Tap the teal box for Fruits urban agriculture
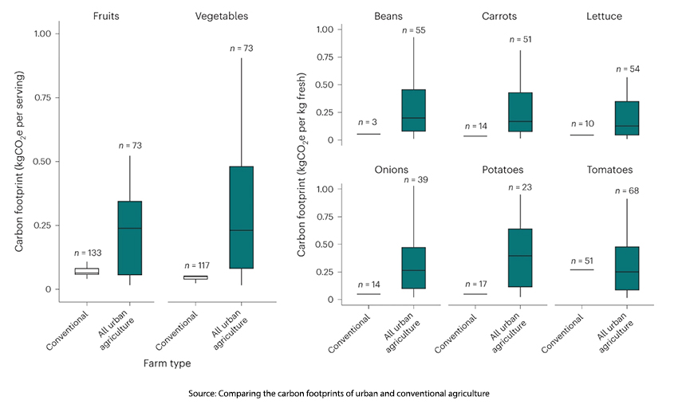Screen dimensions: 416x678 (129, 237)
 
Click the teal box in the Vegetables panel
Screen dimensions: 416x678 (241, 217)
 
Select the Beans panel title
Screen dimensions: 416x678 (391, 16)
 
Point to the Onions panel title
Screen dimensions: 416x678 (390, 170)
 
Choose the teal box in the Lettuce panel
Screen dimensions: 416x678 (627, 118)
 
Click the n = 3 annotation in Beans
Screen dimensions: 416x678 (368, 122)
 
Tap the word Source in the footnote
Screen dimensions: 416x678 (206, 394)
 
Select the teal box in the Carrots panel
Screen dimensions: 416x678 (520, 112)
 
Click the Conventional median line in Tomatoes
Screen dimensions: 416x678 (582, 269)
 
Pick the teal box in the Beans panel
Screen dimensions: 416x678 (413, 110)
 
